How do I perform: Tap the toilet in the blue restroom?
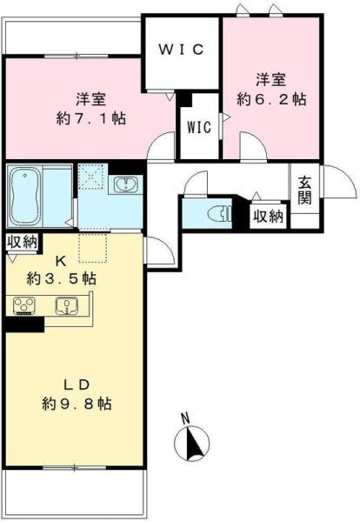[x=218, y=211]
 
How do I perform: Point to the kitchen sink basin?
[x=65, y=305]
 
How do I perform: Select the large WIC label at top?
[x=181, y=50]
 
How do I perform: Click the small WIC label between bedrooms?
[x=199, y=127]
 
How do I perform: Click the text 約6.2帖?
[x=270, y=99]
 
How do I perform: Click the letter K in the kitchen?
[x=61, y=259]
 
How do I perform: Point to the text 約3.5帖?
[x=61, y=278]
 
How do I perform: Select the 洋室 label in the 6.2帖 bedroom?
[x=270, y=79]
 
